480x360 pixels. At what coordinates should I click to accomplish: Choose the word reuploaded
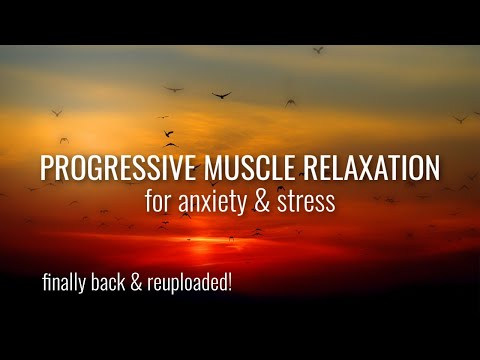tap(187, 283)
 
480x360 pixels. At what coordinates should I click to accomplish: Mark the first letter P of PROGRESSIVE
tap(46, 167)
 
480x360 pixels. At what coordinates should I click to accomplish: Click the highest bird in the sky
tap(318, 49)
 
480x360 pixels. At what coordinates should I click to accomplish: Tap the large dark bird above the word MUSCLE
tap(221, 95)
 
